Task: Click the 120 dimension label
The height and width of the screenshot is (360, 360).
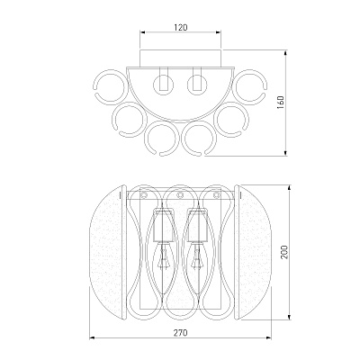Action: (x=181, y=27)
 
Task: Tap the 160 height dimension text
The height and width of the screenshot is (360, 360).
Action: (x=281, y=103)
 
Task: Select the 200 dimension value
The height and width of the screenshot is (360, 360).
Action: (x=284, y=252)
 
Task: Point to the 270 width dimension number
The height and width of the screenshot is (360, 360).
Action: (x=181, y=333)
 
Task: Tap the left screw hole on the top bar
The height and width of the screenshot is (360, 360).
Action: (x=144, y=195)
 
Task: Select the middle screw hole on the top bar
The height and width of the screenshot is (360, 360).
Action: (x=180, y=195)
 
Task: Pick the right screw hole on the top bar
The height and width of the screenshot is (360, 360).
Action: (x=216, y=195)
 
